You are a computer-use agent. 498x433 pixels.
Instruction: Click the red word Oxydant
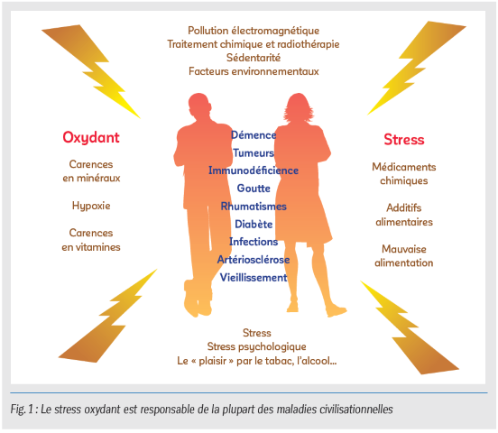click(91, 138)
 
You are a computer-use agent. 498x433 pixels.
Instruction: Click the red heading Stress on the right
click(404, 140)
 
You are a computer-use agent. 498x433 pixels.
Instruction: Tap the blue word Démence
click(254, 135)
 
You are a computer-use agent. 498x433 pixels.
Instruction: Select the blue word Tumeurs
click(254, 152)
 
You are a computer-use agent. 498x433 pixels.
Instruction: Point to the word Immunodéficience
click(254, 170)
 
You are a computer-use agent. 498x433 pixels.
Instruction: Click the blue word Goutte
click(254, 189)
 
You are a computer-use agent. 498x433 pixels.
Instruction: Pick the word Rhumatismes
click(254, 207)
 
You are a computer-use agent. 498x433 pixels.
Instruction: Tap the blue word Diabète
click(254, 224)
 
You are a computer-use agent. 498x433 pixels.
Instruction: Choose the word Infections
click(254, 242)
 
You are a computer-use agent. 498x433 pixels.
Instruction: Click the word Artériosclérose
click(254, 260)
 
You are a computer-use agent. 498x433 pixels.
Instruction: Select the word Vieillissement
click(254, 277)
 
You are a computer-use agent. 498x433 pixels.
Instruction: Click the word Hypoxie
click(91, 207)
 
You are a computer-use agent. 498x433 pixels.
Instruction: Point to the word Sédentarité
click(254, 58)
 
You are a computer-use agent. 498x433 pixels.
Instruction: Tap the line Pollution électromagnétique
click(254, 31)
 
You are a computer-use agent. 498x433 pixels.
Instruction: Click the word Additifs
click(404, 207)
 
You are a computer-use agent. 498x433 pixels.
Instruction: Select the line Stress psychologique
click(256, 346)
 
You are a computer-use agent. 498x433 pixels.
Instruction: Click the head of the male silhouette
click(199, 104)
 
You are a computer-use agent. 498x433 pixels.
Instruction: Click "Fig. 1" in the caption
click(22, 410)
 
